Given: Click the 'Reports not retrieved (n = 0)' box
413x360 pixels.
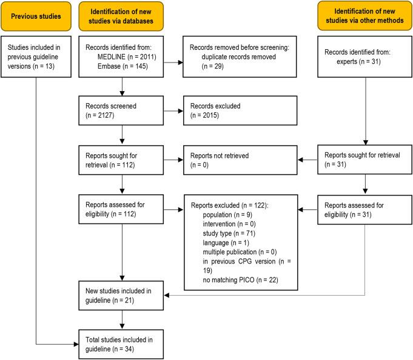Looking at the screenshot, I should coord(240,160).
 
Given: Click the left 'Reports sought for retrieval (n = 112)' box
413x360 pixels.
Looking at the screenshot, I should coord(123,160).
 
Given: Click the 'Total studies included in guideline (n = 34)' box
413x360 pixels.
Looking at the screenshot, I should coord(123,337).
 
